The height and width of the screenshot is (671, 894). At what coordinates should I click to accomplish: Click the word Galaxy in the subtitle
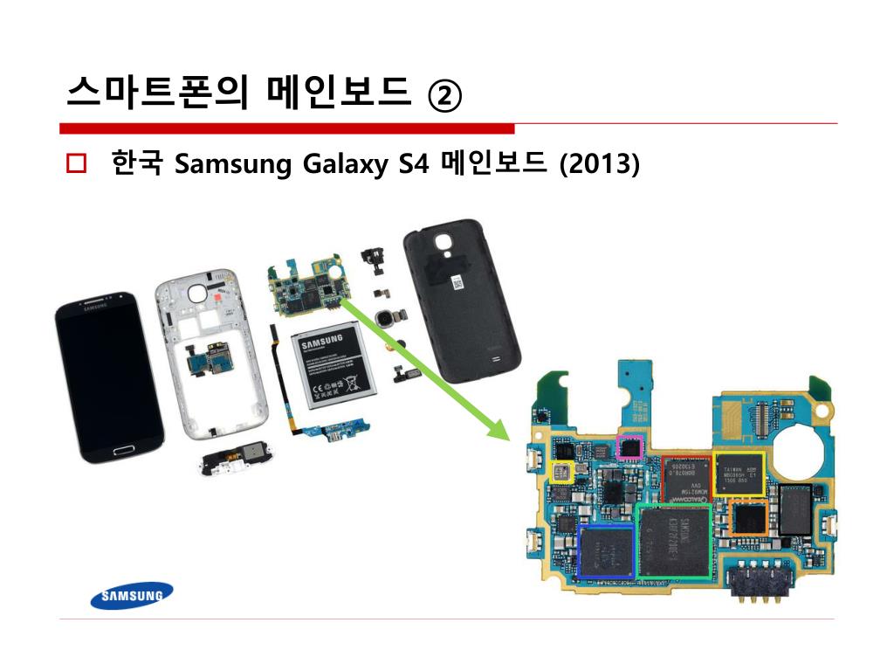click(x=343, y=163)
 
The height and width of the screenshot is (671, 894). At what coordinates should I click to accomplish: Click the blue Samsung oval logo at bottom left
click(x=132, y=596)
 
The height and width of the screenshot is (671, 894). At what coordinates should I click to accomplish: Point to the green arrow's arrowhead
click(x=498, y=427)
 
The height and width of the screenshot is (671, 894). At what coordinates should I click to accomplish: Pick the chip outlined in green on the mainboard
click(x=675, y=540)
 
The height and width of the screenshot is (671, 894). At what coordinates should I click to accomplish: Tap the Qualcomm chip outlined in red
click(x=686, y=479)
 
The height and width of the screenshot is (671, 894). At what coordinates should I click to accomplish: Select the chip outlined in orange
click(x=748, y=518)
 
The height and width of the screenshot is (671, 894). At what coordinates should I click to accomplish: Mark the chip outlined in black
click(x=795, y=509)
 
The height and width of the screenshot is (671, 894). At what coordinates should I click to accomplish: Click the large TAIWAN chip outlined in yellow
click(x=738, y=474)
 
